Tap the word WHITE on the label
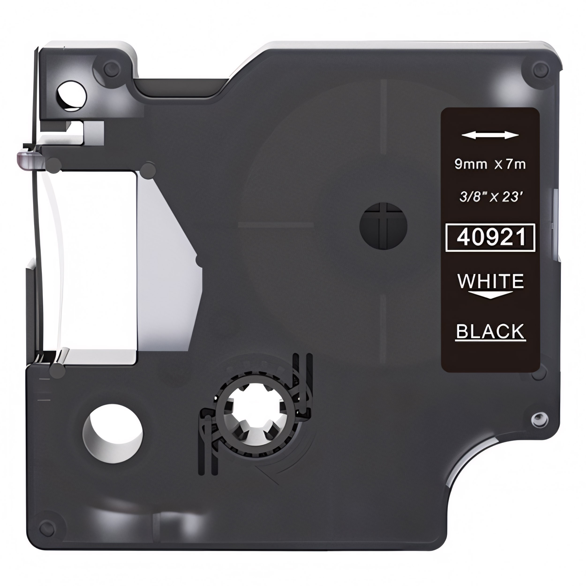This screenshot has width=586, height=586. click(x=490, y=281)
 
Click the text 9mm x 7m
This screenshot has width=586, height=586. click(x=490, y=164)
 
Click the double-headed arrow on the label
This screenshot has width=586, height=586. click(x=490, y=135)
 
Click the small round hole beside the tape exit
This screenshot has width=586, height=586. click(x=72, y=95)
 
